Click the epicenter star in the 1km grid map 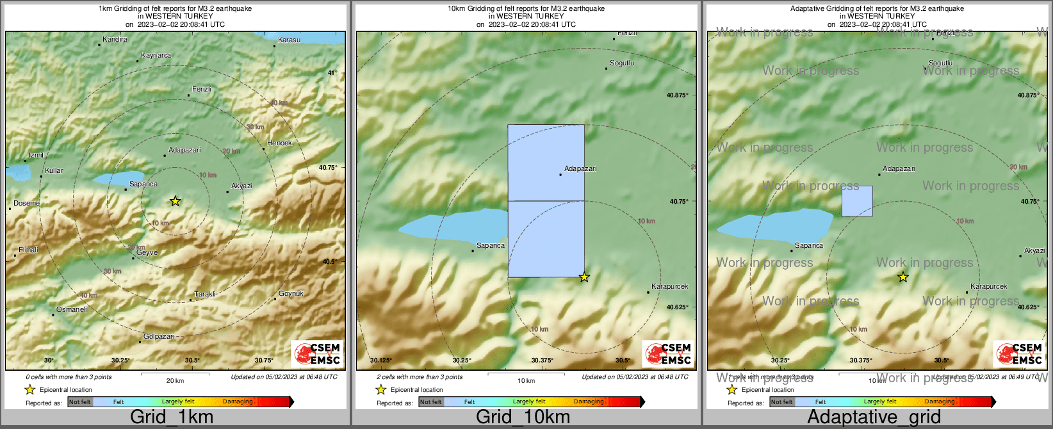click(175, 201)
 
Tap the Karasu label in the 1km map click(289, 40)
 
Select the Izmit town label click(36, 155)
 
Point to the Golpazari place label click(158, 336)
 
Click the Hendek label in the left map click(279, 143)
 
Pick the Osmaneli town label click(71, 309)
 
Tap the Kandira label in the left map click(115, 39)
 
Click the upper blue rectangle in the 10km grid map click(546, 162)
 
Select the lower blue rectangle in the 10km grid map click(546, 239)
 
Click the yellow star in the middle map click(584, 277)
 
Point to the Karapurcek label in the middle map click(669, 286)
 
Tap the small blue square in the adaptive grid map click(856, 201)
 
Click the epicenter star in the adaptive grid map click(902, 277)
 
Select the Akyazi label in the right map click(1034, 250)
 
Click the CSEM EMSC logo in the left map click(316, 354)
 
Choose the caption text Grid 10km click(523, 417)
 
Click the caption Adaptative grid click(874, 417)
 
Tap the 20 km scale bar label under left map click(175, 380)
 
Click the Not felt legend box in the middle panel click(431, 401)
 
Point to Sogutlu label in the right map click(940, 63)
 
